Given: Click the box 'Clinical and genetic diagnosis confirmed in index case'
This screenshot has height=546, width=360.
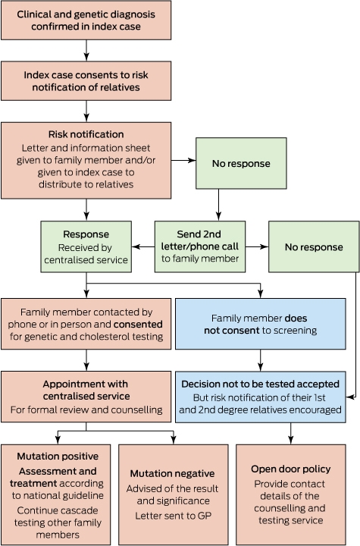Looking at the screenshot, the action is coord(86,20).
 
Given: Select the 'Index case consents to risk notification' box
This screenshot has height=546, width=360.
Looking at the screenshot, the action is coord(86,81).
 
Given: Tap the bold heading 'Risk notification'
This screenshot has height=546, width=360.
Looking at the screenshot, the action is coord(86,134).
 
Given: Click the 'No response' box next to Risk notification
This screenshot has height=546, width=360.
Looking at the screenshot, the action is coord(241,163).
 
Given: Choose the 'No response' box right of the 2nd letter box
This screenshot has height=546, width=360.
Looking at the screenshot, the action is coord(314,246).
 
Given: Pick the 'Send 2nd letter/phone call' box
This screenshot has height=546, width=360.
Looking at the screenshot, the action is coord(200,246).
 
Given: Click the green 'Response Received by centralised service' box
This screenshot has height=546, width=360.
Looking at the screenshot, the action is coord(86,246).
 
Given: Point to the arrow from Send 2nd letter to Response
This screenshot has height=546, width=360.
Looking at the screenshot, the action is coord(143,247).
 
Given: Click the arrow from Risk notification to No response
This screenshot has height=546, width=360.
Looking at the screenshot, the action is coord(183,161).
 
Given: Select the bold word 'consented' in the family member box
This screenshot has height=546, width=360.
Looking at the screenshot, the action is coord(138,325).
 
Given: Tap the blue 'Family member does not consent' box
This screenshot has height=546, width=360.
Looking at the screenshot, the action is coord(261,324).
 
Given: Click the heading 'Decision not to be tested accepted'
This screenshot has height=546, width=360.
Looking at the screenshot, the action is coord(261,384).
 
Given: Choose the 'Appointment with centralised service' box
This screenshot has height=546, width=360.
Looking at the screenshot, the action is coord(86,397).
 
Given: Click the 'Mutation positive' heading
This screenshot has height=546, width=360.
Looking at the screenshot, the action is coord(58,457).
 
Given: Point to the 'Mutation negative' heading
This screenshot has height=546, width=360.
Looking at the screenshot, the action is coord(172,473).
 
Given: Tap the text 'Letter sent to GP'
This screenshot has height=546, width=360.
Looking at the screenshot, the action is coord(174,516).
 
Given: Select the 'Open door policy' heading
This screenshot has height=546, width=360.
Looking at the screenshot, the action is coord(291,469).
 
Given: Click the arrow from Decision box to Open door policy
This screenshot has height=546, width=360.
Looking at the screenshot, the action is coord(291,434).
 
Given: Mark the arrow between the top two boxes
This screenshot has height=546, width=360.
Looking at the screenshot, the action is coord(86,51).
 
